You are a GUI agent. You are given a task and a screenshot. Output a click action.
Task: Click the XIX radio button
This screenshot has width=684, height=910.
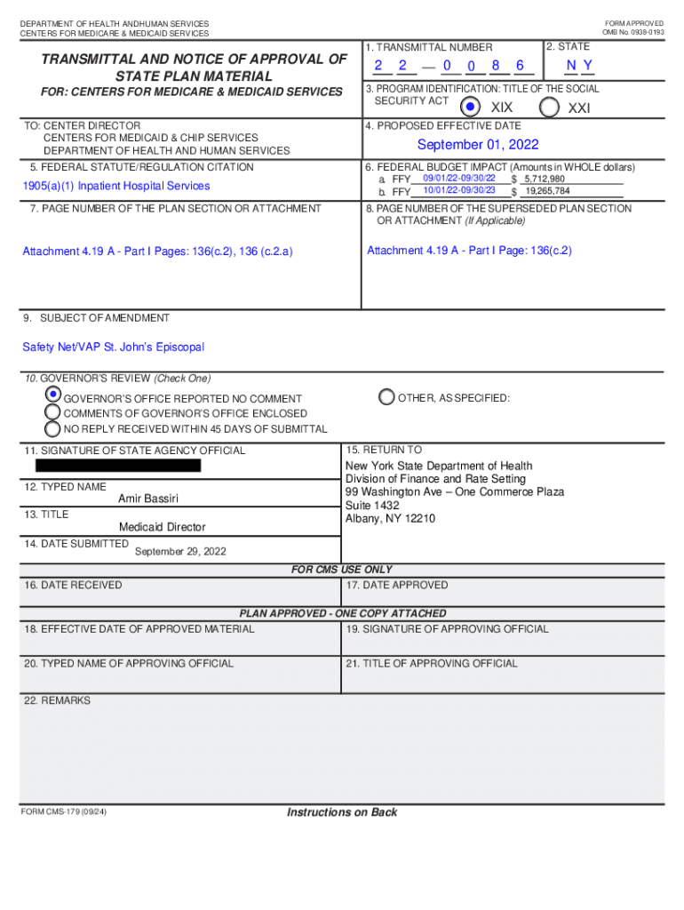tap(471, 107)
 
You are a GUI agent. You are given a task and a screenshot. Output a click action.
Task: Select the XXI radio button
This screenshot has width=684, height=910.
tap(550, 107)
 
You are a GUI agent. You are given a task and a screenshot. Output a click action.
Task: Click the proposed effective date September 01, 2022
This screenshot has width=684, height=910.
tap(478, 145)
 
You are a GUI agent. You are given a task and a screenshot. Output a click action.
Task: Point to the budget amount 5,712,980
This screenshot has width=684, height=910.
tap(544, 180)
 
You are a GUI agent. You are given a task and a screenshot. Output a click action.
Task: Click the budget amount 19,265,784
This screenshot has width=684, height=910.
tap(547, 191)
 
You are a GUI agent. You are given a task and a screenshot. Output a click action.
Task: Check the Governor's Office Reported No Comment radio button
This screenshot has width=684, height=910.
tap(53, 394)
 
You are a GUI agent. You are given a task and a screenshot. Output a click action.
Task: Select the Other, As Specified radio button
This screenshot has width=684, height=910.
tap(386, 397)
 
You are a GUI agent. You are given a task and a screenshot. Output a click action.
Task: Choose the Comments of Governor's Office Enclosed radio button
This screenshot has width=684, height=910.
tap(53, 412)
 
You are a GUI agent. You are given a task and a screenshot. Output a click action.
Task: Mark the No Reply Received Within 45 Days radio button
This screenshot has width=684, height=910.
tap(53, 428)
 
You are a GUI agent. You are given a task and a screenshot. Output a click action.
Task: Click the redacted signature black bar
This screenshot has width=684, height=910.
tap(118, 465)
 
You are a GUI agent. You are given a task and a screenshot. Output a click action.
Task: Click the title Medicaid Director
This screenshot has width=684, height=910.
tap(162, 527)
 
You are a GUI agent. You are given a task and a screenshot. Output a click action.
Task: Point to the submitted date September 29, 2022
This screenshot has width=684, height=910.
tap(180, 551)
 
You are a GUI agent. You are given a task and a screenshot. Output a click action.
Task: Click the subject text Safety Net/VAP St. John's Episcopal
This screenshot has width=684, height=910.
tap(113, 347)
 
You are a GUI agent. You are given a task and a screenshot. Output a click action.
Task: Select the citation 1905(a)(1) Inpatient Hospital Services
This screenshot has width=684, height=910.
tap(116, 186)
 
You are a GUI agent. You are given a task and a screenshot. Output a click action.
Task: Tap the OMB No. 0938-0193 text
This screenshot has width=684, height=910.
tap(632, 33)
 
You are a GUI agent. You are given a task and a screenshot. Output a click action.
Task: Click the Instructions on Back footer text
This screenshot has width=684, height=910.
tap(342, 812)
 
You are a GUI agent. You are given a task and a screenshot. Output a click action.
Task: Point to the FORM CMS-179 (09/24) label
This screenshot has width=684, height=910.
tap(64, 812)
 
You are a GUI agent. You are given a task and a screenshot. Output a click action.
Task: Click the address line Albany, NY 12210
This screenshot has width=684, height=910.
tap(390, 519)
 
